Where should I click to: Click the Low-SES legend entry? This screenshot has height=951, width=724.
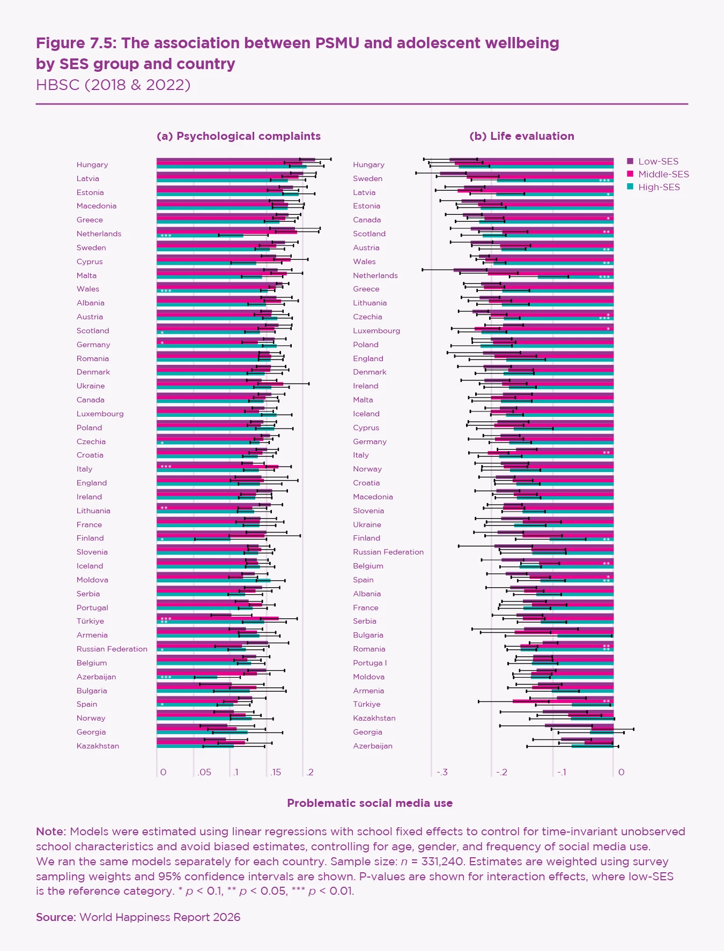[x=657, y=161]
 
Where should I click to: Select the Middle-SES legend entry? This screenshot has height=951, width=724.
[x=663, y=174]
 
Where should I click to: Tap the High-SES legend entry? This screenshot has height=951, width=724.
[x=659, y=187]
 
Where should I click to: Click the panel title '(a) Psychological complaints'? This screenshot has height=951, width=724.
[x=239, y=136]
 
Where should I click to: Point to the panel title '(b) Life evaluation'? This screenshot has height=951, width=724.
[x=521, y=136]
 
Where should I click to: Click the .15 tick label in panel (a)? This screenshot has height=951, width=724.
[x=276, y=772]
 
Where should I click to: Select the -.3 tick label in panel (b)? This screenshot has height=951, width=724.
[x=442, y=772]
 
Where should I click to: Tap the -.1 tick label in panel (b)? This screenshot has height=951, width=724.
[x=561, y=772]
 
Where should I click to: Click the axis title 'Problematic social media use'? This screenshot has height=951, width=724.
[x=370, y=803]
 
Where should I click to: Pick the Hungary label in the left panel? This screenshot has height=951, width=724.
[x=92, y=164]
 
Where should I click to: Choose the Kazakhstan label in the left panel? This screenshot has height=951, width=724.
[x=98, y=746]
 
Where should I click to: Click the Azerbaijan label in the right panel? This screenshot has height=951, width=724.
[x=373, y=746]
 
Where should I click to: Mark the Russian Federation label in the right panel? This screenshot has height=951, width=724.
[x=388, y=552]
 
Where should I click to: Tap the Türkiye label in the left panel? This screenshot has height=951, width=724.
[x=90, y=621]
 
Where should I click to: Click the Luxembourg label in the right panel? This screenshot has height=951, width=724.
[x=376, y=331]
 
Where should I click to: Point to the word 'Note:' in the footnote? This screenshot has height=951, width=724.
[x=51, y=832]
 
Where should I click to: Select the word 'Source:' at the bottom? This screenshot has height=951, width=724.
[x=56, y=917]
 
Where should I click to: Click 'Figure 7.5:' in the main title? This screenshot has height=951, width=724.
[x=77, y=43]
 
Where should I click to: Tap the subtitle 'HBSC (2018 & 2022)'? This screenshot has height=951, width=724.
[x=113, y=85]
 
